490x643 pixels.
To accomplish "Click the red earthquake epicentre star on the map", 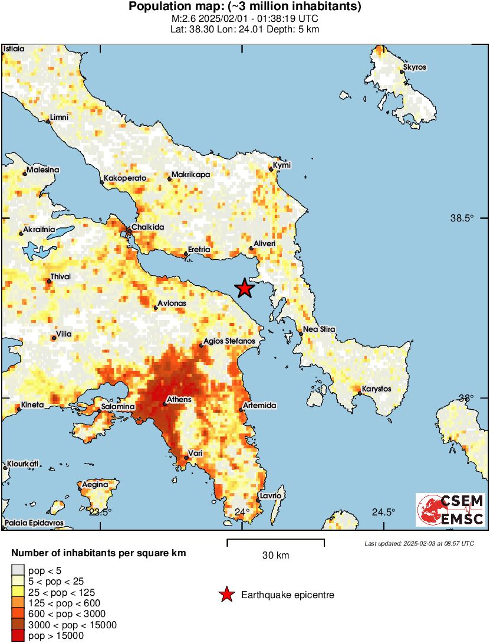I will (x=245, y=288).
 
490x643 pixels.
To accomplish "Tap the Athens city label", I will (x=179, y=400).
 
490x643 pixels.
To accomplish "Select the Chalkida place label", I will (x=147, y=227).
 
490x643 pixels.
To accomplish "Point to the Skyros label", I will (x=415, y=67).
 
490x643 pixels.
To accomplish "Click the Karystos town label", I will (x=377, y=389).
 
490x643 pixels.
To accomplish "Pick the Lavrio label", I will (x=270, y=495).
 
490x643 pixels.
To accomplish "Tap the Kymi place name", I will (x=282, y=165).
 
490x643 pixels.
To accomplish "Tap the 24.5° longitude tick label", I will (x=383, y=511).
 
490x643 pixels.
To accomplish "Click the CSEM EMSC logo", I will (x=450, y=510).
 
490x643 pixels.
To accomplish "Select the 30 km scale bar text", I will (x=275, y=556).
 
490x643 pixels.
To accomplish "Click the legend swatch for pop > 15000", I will (x=18, y=635).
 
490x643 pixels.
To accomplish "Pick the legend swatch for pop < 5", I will (x=18, y=570).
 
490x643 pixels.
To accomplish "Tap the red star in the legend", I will (x=226, y=595).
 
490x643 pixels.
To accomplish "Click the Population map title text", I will (x=245, y=7).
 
